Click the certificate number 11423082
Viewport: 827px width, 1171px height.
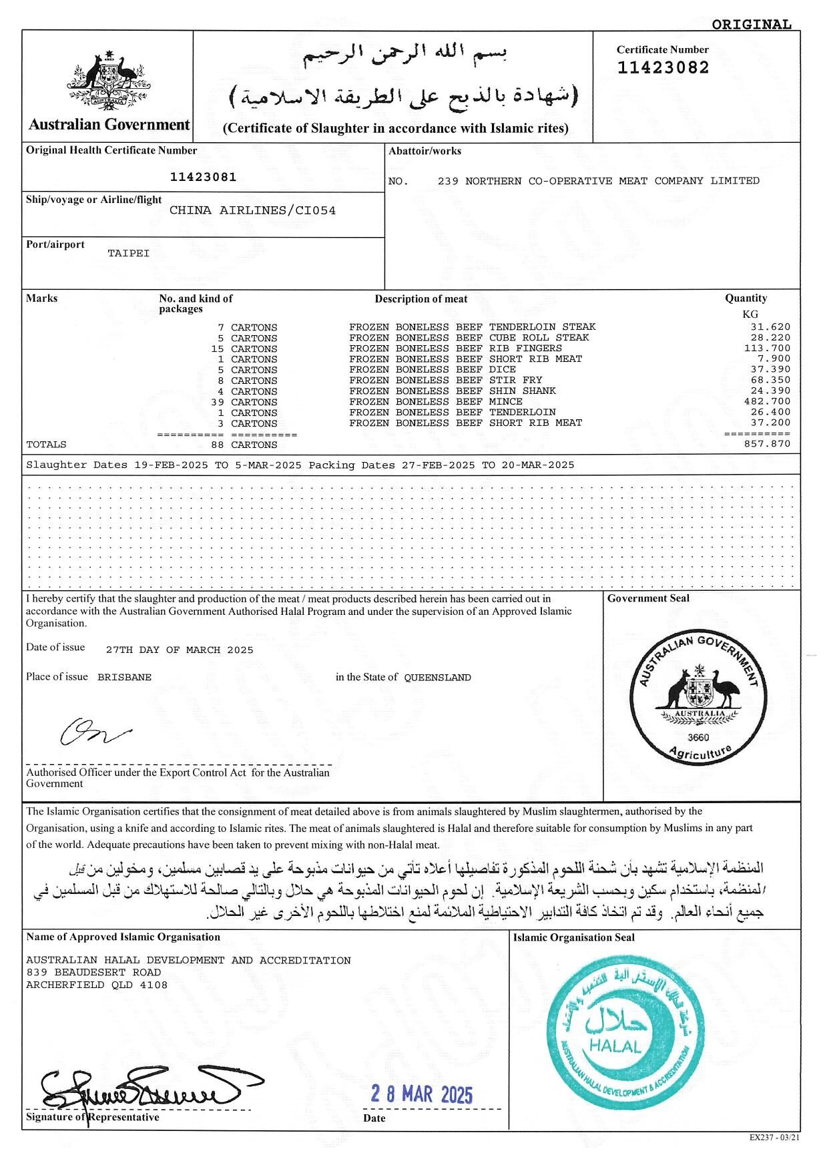[663, 67]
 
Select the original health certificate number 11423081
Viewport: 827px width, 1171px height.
[203, 177]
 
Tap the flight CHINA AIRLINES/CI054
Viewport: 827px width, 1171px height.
[252, 210]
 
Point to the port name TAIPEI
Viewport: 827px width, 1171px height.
[129, 254]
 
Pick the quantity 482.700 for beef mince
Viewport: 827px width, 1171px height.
[767, 401]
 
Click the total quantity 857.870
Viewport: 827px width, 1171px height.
[767, 444]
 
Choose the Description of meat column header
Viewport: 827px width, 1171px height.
[421, 299]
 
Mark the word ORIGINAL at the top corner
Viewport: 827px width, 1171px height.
[751, 25]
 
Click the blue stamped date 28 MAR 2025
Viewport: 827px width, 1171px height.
[421, 1094]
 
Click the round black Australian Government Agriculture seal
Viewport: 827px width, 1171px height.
[698, 698]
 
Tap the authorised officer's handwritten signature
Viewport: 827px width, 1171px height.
[93, 732]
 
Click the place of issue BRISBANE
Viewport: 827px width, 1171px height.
[124, 677]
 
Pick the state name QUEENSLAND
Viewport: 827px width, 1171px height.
[437, 678]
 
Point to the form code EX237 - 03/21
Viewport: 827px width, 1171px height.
[774, 1137]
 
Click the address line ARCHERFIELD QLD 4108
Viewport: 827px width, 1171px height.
[97, 985]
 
